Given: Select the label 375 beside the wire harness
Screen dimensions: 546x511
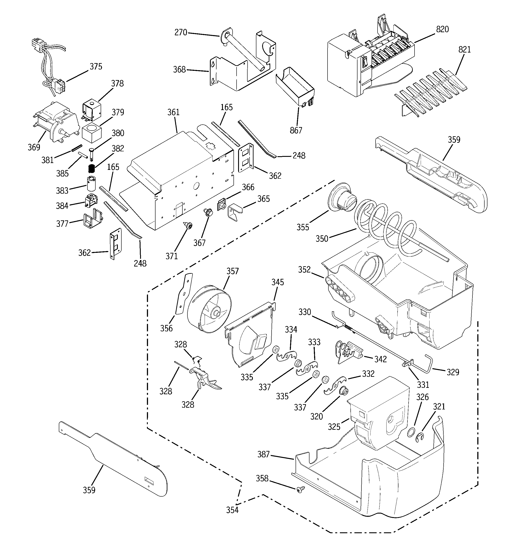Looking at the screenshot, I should [x=96, y=66].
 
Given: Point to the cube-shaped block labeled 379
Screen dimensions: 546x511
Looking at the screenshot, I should [x=92, y=132].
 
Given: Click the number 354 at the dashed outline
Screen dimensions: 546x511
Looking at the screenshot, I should [x=232, y=510].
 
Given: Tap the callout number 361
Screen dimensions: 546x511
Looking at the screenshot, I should [x=173, y=112].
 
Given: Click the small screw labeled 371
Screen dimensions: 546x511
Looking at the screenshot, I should [x=188, y=226].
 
